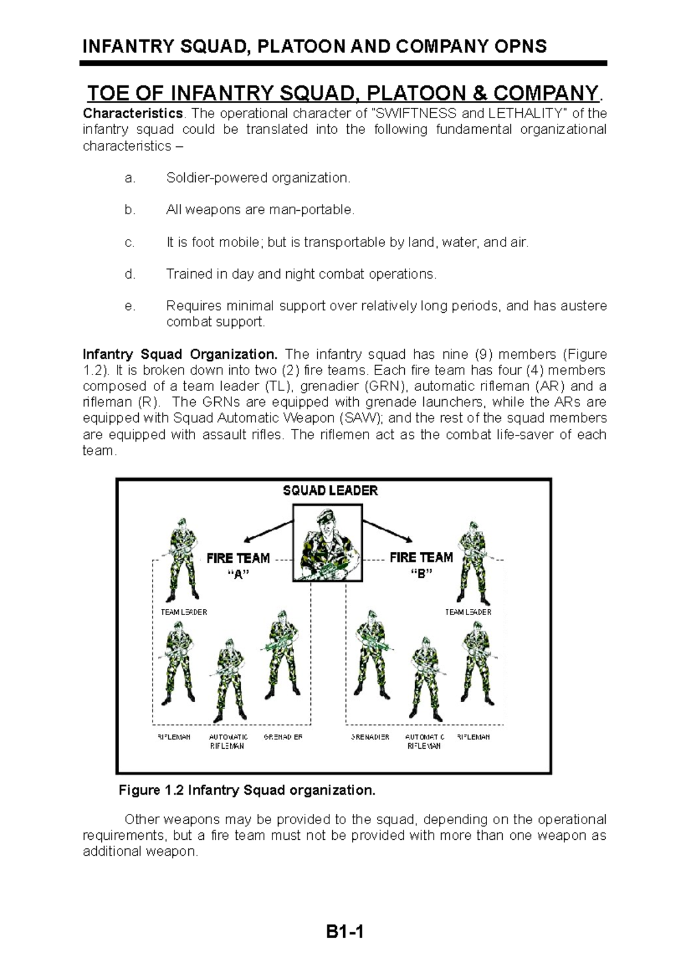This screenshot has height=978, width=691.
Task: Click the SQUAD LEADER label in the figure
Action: click(330, 491)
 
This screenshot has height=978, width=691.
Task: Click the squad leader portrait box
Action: click(328, 542)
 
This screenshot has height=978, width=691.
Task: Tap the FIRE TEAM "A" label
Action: click(238, 566)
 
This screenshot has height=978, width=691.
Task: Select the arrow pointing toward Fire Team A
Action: click(266, 531)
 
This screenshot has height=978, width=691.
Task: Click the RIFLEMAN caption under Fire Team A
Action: click(174, 737)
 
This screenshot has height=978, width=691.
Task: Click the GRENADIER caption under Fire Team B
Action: click(370, 737)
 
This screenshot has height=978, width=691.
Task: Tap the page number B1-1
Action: click(344, 931)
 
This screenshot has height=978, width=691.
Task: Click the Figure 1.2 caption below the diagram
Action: click(246, 790)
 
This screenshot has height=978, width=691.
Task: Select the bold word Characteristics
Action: click(132, 113)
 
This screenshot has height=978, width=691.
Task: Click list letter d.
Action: click(130, 274)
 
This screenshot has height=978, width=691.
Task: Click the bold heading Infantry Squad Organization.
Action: click(180, 354)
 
